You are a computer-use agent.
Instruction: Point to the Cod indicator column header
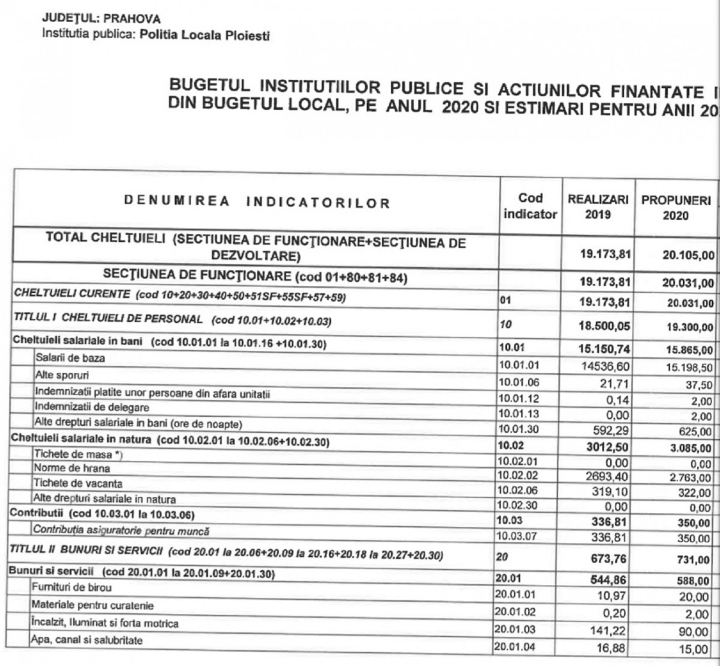530,206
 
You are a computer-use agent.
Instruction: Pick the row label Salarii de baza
63,359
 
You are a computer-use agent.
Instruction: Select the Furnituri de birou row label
73,587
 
